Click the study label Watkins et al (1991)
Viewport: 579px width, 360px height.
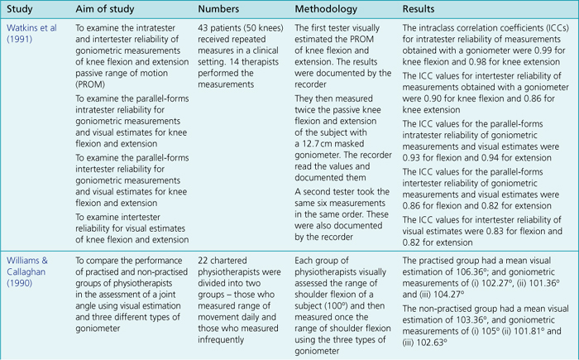point(27,35)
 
